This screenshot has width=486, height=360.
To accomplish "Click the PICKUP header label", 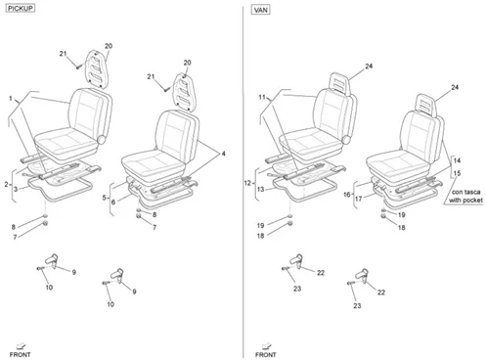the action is coord(21,9).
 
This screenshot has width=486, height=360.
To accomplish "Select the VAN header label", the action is coord(261,10).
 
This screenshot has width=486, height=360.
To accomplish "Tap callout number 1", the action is coord(11,98).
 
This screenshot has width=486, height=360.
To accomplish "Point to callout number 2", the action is coord(6,185).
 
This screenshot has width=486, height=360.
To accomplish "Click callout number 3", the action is coord(16,189).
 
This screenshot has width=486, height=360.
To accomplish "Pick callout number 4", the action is coord(223,154).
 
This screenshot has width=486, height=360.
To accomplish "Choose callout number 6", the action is coord(113,202).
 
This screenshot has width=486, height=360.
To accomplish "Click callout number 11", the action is coord(262,97).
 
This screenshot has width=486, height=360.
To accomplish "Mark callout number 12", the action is coord(247,183).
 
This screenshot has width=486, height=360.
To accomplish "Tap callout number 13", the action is coord(260,189).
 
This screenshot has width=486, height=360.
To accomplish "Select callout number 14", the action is coord(457,160).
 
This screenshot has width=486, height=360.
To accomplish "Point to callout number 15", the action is coord(457,173).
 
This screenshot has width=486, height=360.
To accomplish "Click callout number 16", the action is coord(347,195).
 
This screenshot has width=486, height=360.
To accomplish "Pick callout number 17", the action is coord(359,199).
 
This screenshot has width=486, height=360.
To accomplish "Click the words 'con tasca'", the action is coord(465,192).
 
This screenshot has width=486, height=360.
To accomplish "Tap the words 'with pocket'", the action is coord(465,200).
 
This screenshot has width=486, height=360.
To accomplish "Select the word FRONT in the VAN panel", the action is coord(266,354).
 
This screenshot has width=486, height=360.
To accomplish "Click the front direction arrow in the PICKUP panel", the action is coord(21,345).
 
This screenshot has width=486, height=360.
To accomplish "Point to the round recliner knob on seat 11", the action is coord(346,140).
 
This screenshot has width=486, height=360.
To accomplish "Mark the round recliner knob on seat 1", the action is coord(102,140).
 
